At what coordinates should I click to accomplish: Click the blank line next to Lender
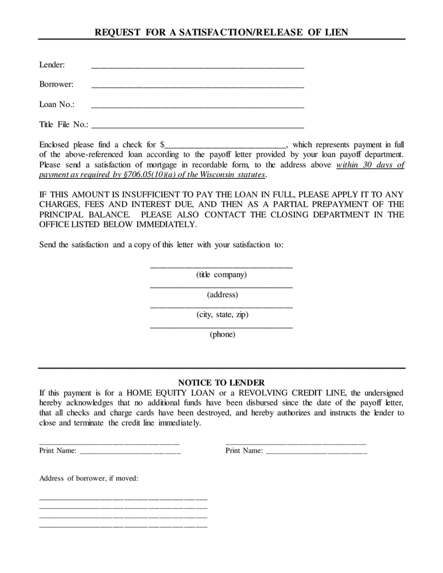click(198, 66)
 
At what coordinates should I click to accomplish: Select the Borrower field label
click(56, 84)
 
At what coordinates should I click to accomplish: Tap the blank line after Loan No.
click(198, 105)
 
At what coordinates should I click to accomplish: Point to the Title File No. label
click(64, 125)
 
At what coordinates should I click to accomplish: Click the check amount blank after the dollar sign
click(226, 145)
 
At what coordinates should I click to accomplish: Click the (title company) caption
click(221, 275)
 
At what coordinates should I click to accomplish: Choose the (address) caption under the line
click(222, 295)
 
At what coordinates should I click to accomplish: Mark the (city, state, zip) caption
click(222, 315)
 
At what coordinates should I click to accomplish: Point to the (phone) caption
click(222, 334)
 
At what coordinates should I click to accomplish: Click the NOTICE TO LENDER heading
click(221, 383)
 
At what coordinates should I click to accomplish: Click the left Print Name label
click(58, 451)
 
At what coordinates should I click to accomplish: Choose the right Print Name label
click(244, 451)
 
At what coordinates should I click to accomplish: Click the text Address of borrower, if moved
click(89, 478)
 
